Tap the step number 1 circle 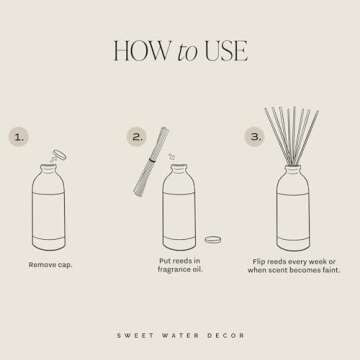[x=20, y=136]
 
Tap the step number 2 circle [x=136, y=136]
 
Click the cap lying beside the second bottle [x=212, y=240]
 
